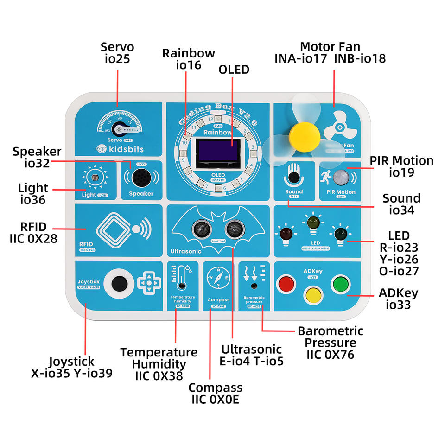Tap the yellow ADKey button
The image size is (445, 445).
click(x=312, y=295)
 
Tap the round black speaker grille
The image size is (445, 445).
click(x=140, y=177)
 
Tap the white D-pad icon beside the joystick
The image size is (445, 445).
click(x=149, y=281)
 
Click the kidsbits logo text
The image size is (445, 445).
click(x=125, y=149)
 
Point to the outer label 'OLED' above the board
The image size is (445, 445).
click(x=234, y=70)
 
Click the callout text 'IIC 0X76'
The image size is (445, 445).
click(x=330, y=355)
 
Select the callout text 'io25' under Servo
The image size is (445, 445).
click(x=117, y=59)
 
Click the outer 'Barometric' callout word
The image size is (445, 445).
click(x=331, y=331)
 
